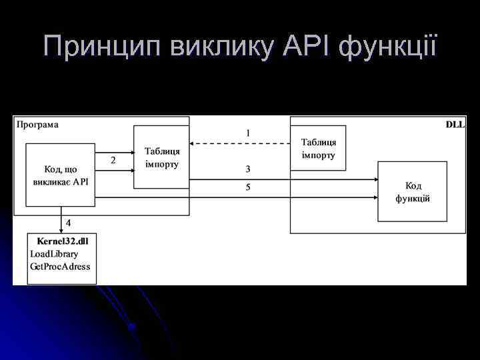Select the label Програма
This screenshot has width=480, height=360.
(x=38, y=124)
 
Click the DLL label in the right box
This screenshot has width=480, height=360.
(x=455, y=125)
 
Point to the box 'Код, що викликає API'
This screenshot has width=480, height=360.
(x=60, y=175)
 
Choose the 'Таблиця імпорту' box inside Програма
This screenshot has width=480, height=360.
(x=161, y=157)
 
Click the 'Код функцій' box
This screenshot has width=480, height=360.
(x=413, y=191)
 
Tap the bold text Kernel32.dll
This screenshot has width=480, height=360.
(x=63, y=241)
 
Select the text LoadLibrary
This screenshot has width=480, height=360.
(x=54, y=253)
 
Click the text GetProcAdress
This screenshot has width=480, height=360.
(x=60, y=266)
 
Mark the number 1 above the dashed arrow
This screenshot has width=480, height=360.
(x=248, y=133)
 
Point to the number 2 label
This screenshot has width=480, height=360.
(x=113, y=161)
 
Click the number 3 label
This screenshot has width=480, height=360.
(x=248, y=169)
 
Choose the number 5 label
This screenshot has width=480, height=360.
(x=248, y=187)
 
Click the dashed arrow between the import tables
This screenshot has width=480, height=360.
(x=240, y=143)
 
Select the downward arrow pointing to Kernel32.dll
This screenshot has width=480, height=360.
(x=61, y=219)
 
